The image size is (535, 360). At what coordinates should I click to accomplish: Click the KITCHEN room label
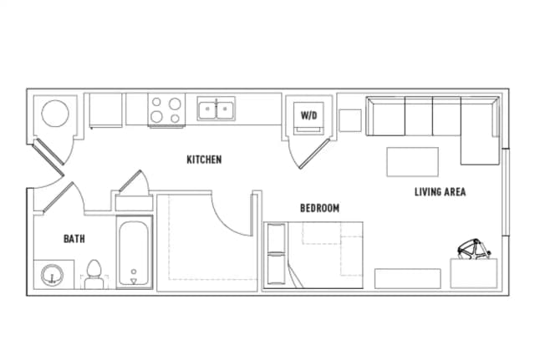click(x=204, y=160)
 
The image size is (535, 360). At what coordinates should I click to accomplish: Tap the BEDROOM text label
click(x=319, y=208)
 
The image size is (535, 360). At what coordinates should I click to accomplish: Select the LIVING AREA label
click(x=441, y=192)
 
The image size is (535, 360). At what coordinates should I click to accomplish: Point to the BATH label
click(x=74, y=239)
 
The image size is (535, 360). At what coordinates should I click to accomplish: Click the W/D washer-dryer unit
click(x=308, y=119)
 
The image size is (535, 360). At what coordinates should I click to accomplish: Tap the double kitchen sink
click(x=216, y=109)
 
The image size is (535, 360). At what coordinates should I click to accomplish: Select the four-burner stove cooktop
click(x=166, y=109)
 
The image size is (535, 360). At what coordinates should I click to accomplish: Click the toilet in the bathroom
click(x=94, y=274)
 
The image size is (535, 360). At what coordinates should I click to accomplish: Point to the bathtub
click(x=134, y=252)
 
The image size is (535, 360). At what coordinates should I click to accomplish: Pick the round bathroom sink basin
click(x=52, y=275)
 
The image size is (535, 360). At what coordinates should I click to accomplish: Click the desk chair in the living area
click(x=474, y=249)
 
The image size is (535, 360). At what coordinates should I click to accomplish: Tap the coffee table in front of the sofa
click(x=412, y=162)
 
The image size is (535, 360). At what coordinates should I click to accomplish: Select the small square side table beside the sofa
click(x=350, y=120)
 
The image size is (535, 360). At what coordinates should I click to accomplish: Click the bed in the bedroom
click(x=313, y=255)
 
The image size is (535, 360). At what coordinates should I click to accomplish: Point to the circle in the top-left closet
click(x=55, y=114)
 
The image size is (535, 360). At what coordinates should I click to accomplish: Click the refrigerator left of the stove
click(x=105, y=110)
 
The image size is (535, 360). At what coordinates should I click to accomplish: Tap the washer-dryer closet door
click(x=313, y=154)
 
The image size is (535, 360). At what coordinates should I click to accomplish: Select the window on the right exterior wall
click(x=506, y=192)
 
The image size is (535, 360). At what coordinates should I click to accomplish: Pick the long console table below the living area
click(x=408, y=278)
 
